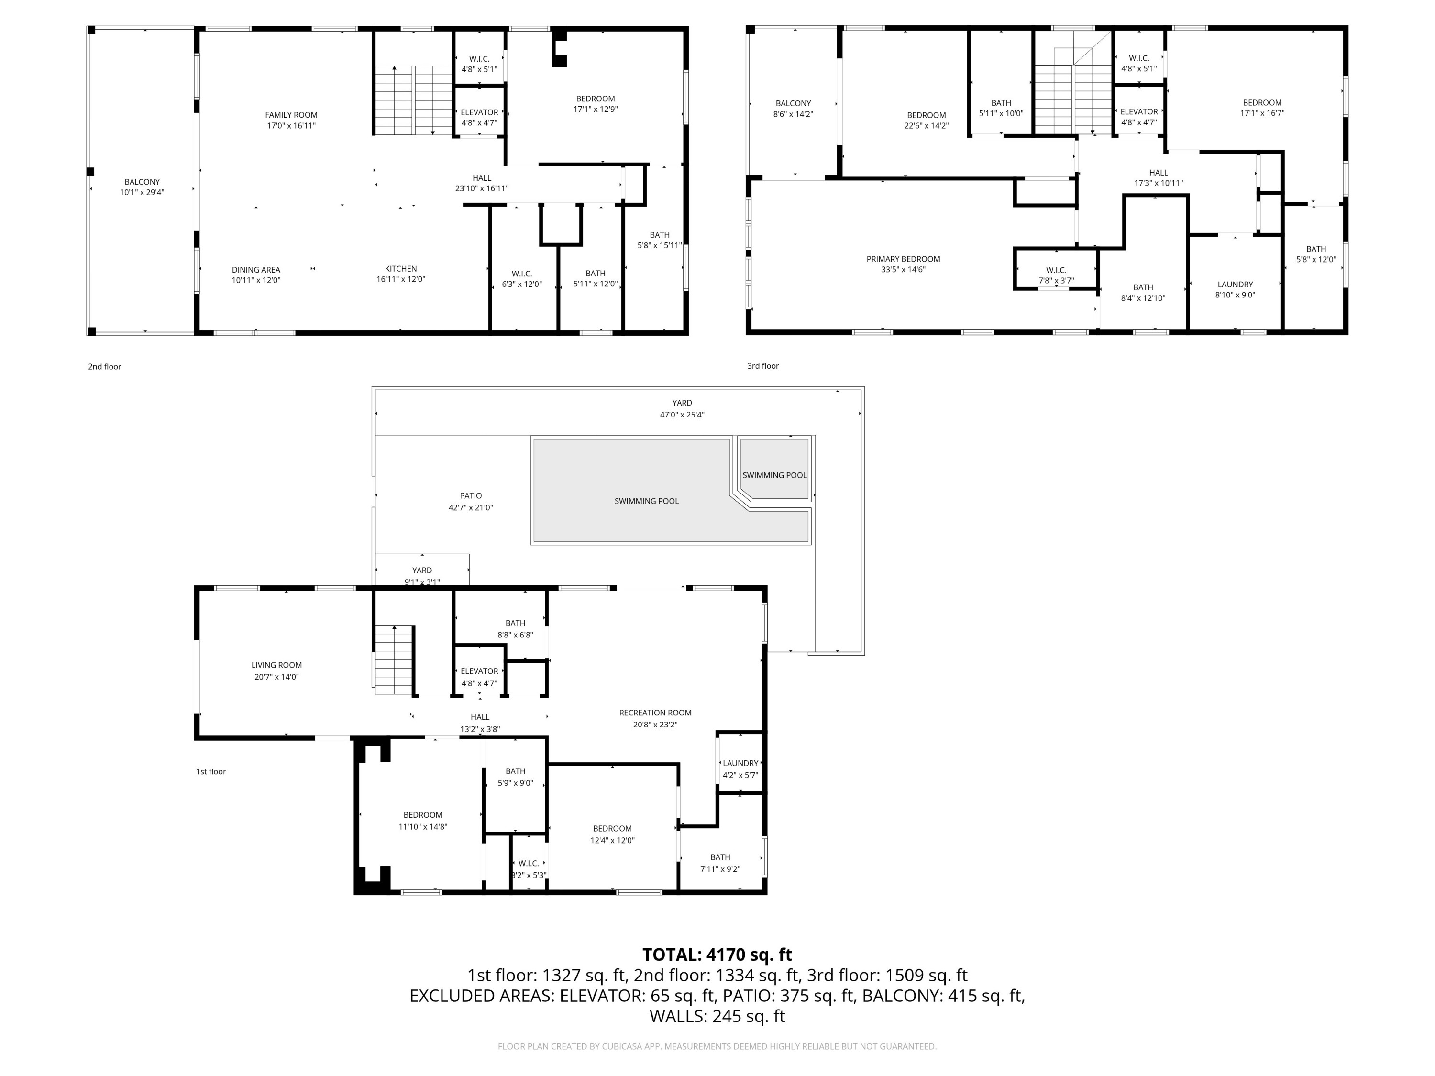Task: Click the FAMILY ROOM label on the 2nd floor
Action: coord(291,115)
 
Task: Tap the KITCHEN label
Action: coord(400,268)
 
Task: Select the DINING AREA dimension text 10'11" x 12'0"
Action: coord(256,280)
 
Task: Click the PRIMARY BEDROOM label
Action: coord(903,259)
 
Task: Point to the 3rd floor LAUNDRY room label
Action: coord(1235,284)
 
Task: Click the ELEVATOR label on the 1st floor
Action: coord(479,671)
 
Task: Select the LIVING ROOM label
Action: coord(276,665)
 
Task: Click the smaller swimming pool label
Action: coord(774,475)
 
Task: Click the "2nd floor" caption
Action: coord(104,366)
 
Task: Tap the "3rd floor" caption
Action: coord(762,366)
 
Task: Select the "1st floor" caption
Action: coord(211,771)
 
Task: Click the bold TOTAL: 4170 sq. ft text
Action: coord(717,955)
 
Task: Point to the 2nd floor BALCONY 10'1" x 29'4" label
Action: coord(142,187)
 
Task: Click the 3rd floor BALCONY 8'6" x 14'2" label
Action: coord(793,108)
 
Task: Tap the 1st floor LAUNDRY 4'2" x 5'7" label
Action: coord(740,769)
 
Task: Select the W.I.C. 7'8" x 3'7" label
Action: coord(1056,275)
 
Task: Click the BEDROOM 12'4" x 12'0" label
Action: coord(612,834)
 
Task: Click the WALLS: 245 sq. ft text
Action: coord(717,1016)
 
